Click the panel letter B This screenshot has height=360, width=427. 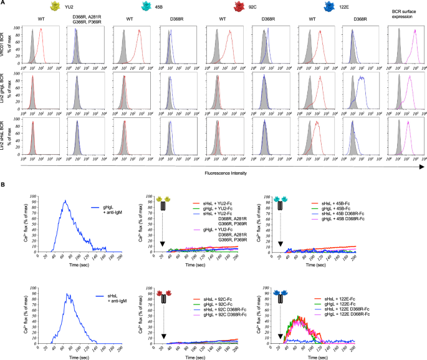coord(4,184)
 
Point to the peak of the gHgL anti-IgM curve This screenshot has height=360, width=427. coord(65,200)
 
